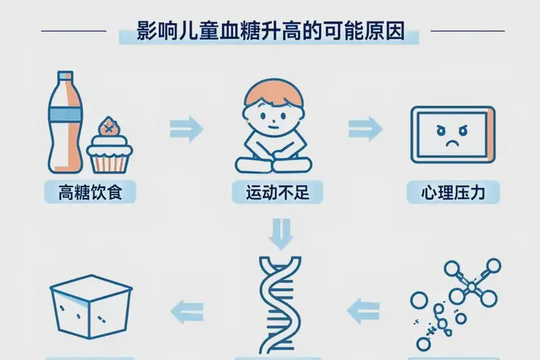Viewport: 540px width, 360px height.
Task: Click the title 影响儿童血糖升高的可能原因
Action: pos(270,31)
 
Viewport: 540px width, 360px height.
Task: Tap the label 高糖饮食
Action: pos(89,192)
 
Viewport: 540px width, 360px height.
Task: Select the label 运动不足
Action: pos(277,192)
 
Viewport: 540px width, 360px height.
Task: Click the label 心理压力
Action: pos(452,192)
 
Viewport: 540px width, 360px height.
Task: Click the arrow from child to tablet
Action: pos(365,130)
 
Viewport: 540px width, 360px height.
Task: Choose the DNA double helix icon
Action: pos(278,302)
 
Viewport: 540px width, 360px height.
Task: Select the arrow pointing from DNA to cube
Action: pos(186,310)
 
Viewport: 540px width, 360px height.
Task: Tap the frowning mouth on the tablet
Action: pos(452,143)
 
